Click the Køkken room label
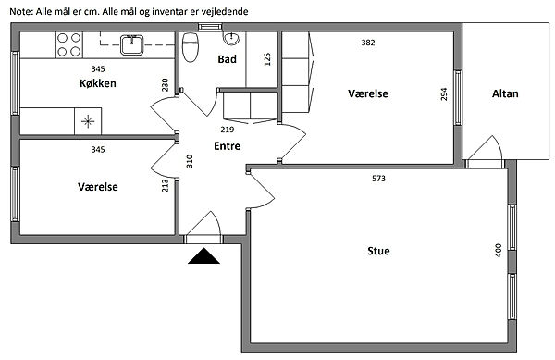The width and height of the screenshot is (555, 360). [x=98, y=83]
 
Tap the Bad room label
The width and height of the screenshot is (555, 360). [x=227, y=59]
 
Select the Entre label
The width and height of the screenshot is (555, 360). [x=228, y=146]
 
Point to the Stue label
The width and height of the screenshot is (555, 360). [x=378, y=251]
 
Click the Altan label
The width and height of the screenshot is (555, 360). [x=505, y=93]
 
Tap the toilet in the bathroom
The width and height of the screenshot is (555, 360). [x=190, y=47]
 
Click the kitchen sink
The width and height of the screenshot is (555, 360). [x=131, y=45]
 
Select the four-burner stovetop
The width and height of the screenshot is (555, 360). [x=69, y=45]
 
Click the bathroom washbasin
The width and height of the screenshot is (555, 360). [x=231, y=38]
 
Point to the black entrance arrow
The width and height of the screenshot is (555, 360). [x=203, y=256]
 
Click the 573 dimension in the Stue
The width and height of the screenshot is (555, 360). [x=378, y=179]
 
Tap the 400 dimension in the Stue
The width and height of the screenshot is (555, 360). [x=499, y=250]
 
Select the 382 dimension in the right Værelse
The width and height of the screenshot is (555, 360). [x=368, y=43]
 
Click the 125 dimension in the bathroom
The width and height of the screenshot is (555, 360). [x=267, y=59]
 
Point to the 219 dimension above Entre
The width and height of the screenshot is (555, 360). [x=228, y=130]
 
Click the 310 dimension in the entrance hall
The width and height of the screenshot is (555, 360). [x=190, y=161]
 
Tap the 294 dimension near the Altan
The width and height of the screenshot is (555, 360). [x=444, y=93]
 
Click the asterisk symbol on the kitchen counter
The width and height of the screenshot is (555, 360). [x=88, y=122]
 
